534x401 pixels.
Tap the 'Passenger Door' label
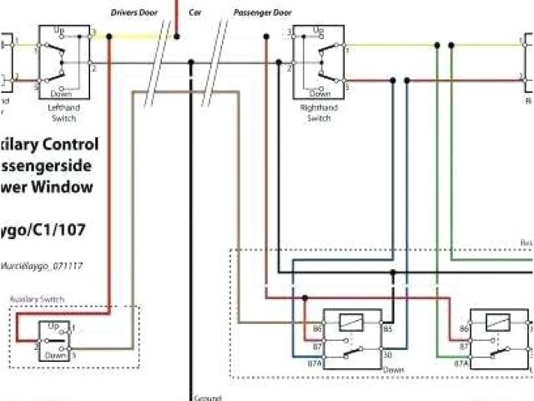tap(263, 13)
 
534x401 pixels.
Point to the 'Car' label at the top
tap(195, 13)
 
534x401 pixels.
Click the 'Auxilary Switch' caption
tap(37, 299)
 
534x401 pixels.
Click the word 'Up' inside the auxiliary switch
tap(53, 325)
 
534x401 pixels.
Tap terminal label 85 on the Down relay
tap(387, 329)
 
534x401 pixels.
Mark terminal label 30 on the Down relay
tap(387, 355)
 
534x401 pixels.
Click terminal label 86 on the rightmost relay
tap(464, 329)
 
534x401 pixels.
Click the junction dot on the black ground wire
tap(191, 63)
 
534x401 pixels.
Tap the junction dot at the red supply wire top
tap(176, 35)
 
